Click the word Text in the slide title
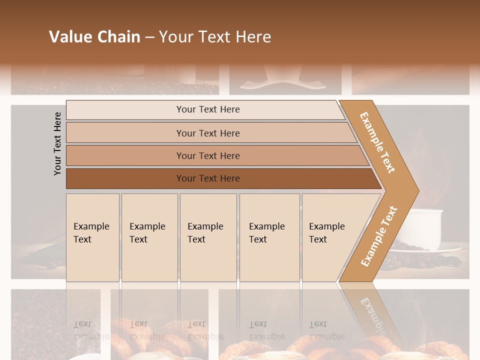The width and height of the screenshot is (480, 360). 214,37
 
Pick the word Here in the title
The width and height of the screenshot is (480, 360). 253,37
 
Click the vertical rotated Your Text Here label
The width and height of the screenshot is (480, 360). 57,143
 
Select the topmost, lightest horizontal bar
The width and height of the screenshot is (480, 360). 208,109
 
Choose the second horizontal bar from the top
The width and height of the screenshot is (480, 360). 208,133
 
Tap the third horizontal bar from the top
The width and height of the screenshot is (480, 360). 208,155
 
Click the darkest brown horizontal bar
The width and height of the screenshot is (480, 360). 208,178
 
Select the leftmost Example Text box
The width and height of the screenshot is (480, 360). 92,237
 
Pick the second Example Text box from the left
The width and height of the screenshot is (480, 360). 149,237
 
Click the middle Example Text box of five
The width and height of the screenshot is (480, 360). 208,237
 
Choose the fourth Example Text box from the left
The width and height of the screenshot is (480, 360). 269,237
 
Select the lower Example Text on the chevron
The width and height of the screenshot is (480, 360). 379,236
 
